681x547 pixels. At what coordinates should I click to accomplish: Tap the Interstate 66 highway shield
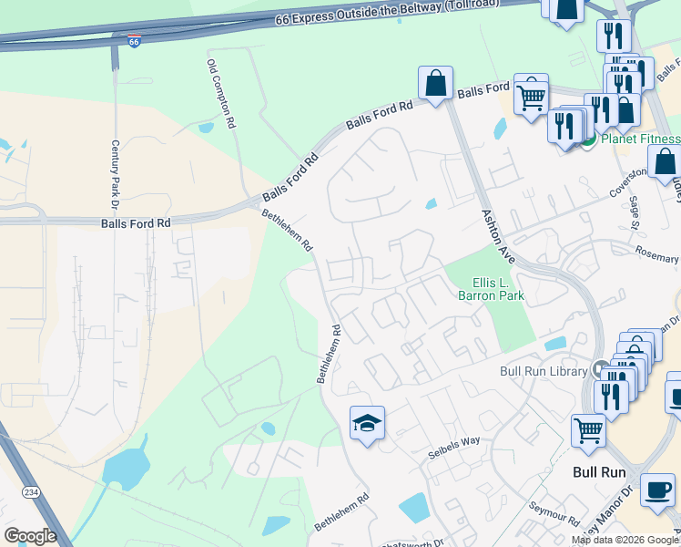(134, 42)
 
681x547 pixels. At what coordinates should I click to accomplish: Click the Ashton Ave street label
(497, 234)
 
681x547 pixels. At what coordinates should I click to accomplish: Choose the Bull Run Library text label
(544, 371)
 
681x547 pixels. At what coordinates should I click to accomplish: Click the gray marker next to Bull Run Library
(600, 370)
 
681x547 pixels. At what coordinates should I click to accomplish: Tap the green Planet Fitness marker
(588, 139)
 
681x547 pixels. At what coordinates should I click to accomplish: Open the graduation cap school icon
(367, 423)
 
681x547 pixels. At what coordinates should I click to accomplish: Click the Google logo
(30, 536)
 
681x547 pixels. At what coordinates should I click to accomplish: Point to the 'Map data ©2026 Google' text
(625, 540)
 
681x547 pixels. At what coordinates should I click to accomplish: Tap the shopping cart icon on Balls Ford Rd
(531, 94)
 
